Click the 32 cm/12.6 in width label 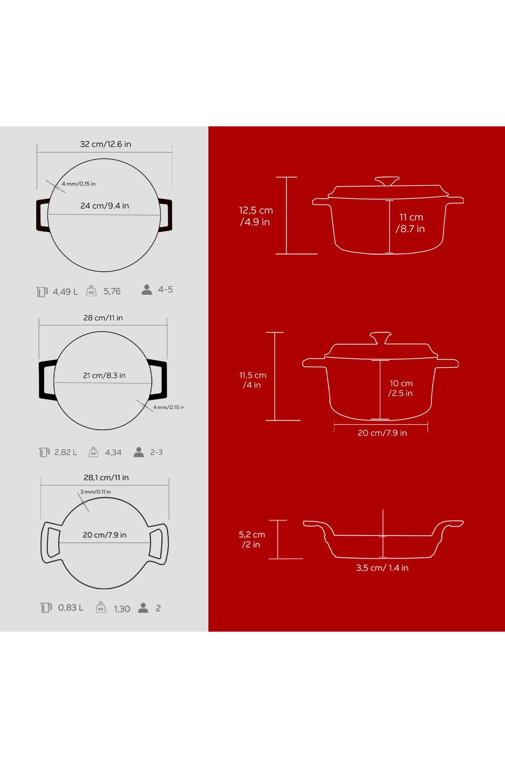tap(106, 144)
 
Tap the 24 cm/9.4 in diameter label tap(105, 206)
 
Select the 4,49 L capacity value tap(65, 291)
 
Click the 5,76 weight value tap(112, 291)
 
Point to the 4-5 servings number tap(165, 289)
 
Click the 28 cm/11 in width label tap(103, 318)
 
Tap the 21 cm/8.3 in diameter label tap(104, 375)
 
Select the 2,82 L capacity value tap(66, 452)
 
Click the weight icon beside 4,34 tap(93, 452)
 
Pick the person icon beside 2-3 tap(138, 452)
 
